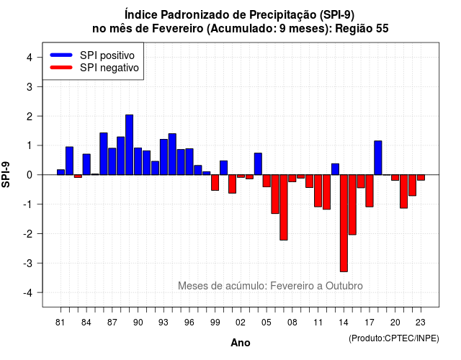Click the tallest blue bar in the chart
click(130, 145)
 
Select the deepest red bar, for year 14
click(344, 223)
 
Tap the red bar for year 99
click(215, 182)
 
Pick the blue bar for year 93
click(164, 157)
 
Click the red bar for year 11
click(318, 191)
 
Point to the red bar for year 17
click(370, 191)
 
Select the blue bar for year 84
click(86, 164)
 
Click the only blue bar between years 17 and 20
click(378, 158)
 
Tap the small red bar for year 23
click(421, 178)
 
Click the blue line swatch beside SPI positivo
click(61, 55)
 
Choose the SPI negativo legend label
click(109, 68)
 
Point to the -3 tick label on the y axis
click(28, 263)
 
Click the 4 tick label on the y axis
click(30, 58)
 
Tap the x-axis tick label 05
click(267, 323)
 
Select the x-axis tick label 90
click(138, 323)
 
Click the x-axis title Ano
click(240, 343)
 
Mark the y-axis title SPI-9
click(6, 174)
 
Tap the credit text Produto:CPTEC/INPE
click(394, 338)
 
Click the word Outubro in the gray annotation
click(344, 286)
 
